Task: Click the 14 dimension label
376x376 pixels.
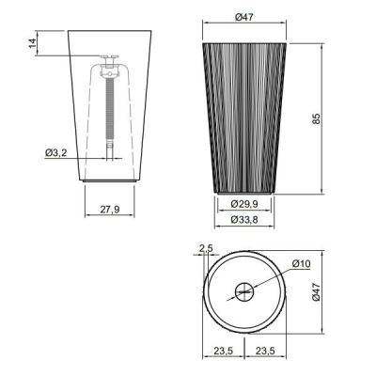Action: click(x=33, y=43)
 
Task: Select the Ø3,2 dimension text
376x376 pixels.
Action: click(x=56, y=153)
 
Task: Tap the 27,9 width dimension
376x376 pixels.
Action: click(x=110, y=210)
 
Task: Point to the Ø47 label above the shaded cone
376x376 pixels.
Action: click(x=244, y=17)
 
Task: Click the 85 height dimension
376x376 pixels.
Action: click(x=317, y=118)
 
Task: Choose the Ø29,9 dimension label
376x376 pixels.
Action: click(x=244, y=204)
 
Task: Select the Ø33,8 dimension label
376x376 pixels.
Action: click(x=244, y=220)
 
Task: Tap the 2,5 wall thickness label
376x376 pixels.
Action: click(x=206, y=248)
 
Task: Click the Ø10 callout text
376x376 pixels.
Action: click(x=301, y=264)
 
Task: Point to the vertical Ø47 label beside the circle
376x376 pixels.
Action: click(x=317, y=292)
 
